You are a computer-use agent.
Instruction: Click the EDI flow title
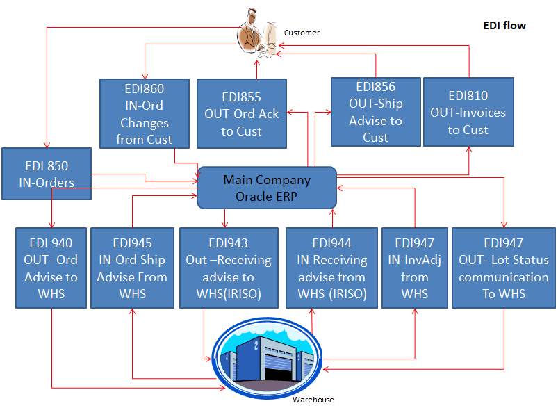pos(504,26)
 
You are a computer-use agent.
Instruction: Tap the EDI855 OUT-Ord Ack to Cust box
pos(242,114)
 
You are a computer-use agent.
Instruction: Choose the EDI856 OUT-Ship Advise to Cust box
pos(375,112)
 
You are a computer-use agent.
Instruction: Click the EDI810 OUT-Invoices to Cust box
pos(468,112)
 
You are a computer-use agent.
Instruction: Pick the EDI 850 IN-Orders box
pos(46,174)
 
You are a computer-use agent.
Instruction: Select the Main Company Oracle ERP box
pos(267,188)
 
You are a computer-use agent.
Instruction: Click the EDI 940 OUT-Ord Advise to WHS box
pos(51,268)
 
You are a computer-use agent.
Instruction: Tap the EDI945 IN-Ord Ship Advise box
pos(131,268)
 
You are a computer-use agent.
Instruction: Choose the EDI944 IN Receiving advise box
pos(331,268)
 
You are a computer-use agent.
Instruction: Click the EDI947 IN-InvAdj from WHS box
pos(414,268)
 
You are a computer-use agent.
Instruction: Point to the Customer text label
pos(302,33)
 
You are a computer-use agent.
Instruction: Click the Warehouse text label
pos(313,400)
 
